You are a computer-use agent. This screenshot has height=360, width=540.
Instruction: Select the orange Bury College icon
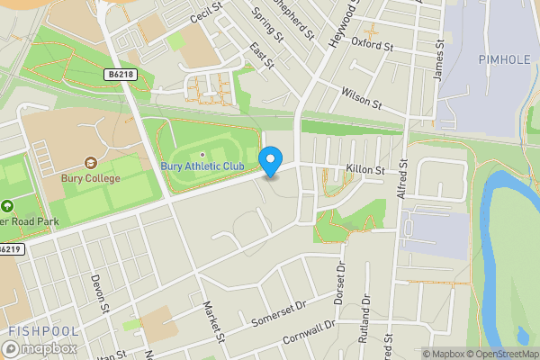pos(90,163)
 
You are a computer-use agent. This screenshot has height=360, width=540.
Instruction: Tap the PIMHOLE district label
pos(499,58)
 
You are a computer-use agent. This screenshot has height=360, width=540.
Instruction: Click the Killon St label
pos(365,169)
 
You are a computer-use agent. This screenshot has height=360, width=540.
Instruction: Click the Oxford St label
pos(373,43)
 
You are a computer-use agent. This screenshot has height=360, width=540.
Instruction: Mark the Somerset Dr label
pos(278,310)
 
